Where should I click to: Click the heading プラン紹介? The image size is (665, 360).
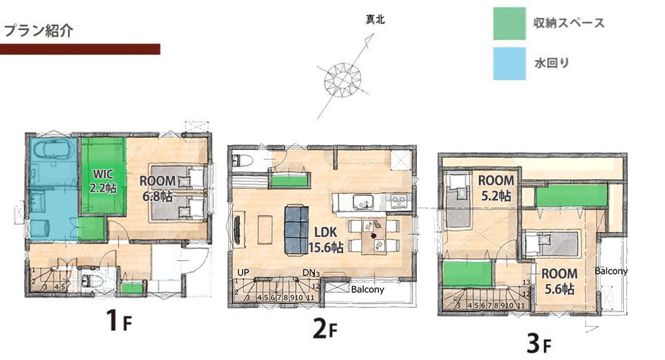[x=39, y=31]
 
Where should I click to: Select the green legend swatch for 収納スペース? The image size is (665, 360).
[x=509, y=24]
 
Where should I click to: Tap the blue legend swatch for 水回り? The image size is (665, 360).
[x=509, y=64]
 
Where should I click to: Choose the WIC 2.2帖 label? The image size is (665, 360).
[x=103, y=181]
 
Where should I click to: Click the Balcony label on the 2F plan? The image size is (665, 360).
[x=367, y=290]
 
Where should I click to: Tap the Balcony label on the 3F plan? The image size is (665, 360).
[x=610, y=271]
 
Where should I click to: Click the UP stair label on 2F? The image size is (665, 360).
[x=243, y=273]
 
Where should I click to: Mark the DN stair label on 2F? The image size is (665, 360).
[x=309, y=273]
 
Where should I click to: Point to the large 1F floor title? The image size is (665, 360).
[x=119, y=322]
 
